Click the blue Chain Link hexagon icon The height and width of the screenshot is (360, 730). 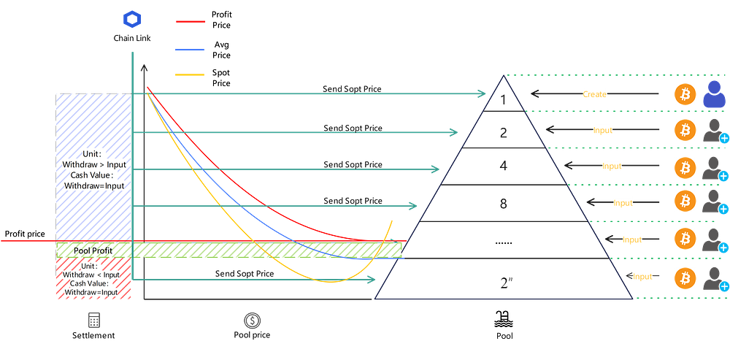point(131,18)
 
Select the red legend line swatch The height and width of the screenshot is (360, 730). point(191,21)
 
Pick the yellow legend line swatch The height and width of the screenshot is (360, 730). point(191,74)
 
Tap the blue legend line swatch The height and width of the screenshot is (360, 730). point(191,50)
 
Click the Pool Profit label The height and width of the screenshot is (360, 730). point(93,250)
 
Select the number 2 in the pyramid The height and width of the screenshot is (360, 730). point(503,133)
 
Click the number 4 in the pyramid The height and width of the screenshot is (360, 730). point(503,166)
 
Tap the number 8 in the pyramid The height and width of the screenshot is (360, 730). point(503,203)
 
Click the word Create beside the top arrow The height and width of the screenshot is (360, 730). point(595,95)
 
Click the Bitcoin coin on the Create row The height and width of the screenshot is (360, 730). point(685,94)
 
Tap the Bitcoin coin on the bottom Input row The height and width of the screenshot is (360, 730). point(685,278)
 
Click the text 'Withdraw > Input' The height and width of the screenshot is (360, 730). point(94,164)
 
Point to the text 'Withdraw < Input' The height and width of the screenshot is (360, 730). point(94,275)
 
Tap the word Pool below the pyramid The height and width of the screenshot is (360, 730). point(503,337)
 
